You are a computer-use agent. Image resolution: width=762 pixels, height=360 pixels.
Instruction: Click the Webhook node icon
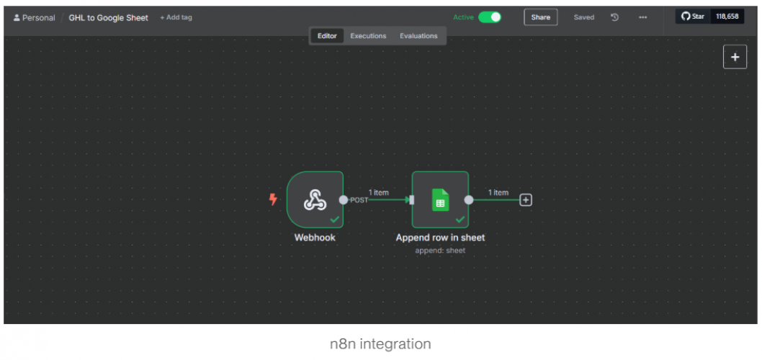[315, 199]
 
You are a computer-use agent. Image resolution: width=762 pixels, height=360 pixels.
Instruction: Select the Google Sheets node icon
[440, 199]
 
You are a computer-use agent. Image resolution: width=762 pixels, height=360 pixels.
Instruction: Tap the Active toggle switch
[490, 17]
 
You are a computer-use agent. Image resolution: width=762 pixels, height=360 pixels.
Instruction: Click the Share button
[540, 17]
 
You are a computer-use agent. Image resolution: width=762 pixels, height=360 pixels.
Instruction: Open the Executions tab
[368, 36]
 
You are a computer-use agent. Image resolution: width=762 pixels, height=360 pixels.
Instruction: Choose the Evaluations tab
[418, 36]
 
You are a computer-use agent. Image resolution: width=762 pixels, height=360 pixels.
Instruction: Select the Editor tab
[327, 36]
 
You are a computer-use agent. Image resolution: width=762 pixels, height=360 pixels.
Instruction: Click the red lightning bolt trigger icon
[273, 199]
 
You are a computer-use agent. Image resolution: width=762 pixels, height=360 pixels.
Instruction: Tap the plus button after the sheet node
[526, 200]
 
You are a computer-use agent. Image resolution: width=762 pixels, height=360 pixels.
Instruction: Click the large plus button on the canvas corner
[735, 58]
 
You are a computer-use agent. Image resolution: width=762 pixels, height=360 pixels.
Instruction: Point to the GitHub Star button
[693, 17]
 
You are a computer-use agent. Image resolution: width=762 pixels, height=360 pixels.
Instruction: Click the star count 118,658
[727, 17]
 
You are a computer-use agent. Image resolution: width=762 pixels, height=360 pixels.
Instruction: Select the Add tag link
[176, 17]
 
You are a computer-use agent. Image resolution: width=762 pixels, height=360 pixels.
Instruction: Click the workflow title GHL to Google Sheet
[108, 17]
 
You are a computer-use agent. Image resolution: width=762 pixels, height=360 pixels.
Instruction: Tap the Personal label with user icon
[34, 17]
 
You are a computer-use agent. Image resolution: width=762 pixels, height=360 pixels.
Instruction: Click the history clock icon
[614, 17]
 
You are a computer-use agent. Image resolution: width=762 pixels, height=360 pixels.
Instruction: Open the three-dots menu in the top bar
[642, 17]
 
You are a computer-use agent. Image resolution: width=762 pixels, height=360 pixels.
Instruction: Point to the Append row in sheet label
[440, 238]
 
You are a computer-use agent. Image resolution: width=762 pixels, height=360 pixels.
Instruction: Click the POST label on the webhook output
[359, 200]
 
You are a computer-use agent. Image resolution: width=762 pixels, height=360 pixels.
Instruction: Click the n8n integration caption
[380, 344]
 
